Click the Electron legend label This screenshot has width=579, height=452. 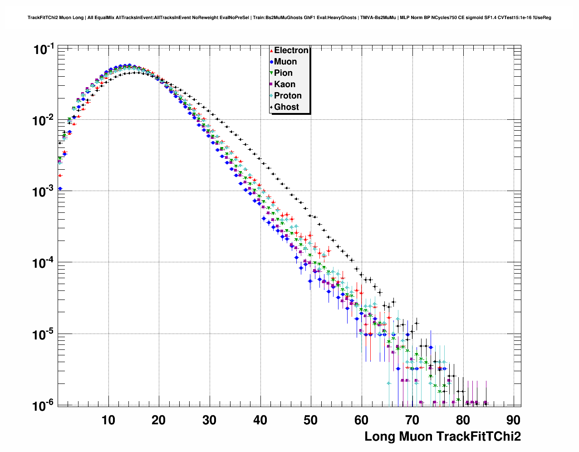click(291, 50)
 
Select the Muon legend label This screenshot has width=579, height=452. click(285, 62)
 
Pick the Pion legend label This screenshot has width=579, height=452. click(283, 73)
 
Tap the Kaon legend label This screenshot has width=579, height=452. click(285, 84)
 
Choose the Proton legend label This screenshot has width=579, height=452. click(288, 96)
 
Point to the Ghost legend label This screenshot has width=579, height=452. click(286, 107)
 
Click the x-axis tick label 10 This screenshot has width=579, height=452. click(108, 420)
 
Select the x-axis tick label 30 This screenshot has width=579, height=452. click(210, 420)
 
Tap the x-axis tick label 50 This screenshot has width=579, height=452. click(311, 420)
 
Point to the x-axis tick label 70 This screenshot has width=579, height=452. click(412, 420)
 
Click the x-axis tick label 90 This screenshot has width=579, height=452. click(513, 420)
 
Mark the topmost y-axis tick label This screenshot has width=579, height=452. click(44, 49)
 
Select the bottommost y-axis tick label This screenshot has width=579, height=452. click(44, 405)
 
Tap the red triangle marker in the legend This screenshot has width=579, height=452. click(271, 50)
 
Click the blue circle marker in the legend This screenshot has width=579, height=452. click(271, 62)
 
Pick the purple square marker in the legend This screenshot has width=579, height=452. click(271, 84)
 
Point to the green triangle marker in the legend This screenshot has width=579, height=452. click(271, 73)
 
